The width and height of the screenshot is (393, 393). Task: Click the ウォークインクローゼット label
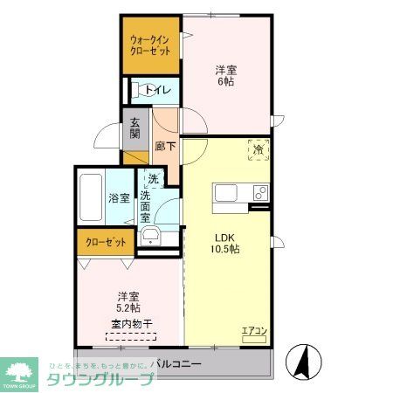149,45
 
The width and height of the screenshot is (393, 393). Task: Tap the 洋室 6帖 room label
225,75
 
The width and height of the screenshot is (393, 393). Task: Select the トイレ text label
157,90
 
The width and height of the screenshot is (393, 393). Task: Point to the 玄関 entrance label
134,128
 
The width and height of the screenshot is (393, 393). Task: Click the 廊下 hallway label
164,148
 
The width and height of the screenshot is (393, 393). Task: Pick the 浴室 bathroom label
119,197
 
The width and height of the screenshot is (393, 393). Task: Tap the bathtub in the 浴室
92,197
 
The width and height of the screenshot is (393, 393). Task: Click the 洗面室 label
152,207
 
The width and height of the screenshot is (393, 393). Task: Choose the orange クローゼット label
105,242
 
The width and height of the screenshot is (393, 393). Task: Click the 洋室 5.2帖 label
128,302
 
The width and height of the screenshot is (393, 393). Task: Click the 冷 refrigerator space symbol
258,149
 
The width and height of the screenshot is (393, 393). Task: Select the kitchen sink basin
222,192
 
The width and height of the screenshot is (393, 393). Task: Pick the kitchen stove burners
259,192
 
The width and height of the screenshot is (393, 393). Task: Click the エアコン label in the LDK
253,330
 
